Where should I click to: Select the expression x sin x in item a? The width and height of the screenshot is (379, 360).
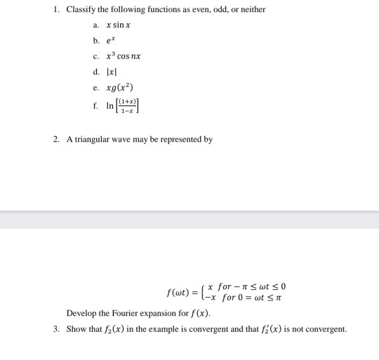click(117, 25)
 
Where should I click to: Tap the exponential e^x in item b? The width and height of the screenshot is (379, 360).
click(111, 41)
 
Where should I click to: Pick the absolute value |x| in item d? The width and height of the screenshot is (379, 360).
click(110, 72)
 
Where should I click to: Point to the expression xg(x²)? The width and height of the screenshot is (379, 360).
click(122, 88)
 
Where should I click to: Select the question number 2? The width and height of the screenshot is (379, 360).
click(55, 139)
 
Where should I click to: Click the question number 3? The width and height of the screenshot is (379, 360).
click(55, 329)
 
